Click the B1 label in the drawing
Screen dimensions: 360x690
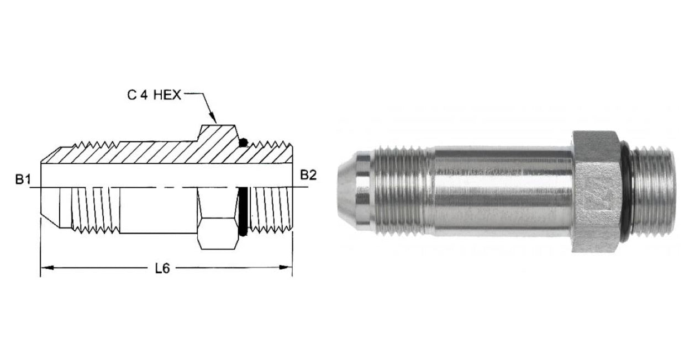pos(24,179)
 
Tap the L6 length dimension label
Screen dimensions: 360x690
pos(161,269)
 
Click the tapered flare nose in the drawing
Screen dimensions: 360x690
pos(50,207)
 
